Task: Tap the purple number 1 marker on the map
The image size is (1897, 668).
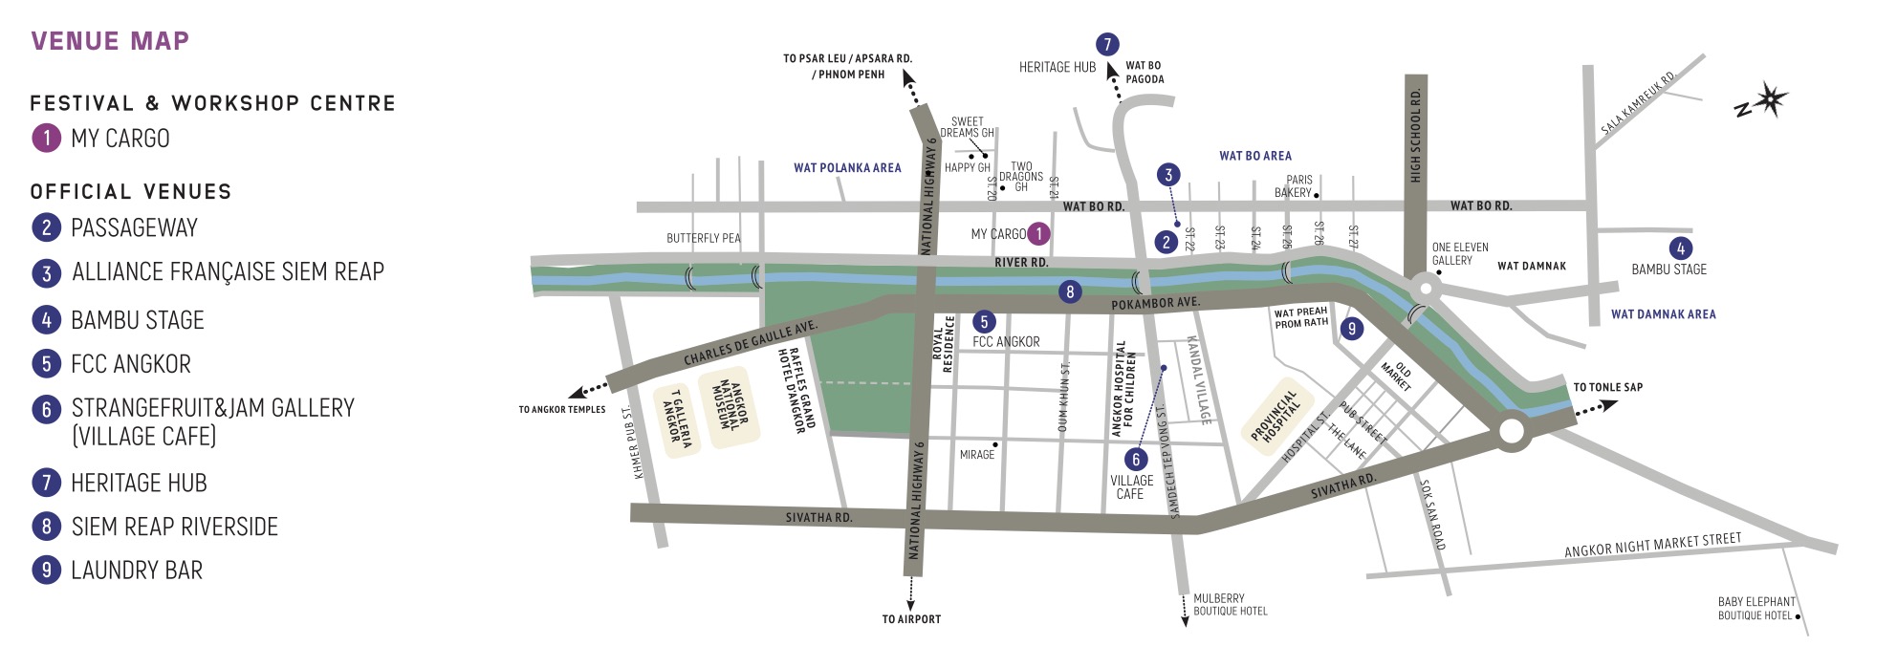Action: (1038, 233)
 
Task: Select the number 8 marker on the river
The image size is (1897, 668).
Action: (1070, 292)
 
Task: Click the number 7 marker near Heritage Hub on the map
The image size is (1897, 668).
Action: (1106, 44)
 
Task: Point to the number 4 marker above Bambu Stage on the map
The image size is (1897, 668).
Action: (1680, 248)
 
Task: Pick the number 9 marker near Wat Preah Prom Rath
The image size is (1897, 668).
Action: (1351, 329)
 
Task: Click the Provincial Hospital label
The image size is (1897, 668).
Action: (1275, 416)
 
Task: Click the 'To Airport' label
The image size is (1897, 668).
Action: (911, 619)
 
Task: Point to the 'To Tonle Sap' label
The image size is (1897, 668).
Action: (1608, 387)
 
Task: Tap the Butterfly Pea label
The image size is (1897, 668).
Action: (704, 238)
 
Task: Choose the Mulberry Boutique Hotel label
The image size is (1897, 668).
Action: (1230, 605)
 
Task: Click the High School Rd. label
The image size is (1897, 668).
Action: (1415, 135)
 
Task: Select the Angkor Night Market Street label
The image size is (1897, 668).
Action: (1652, 545)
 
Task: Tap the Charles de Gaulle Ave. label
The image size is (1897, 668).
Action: (751, 343)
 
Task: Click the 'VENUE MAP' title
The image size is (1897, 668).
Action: (110, 41)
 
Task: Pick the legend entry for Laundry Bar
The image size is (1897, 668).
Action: (137, 571)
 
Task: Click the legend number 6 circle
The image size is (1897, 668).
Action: (46, 410)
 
